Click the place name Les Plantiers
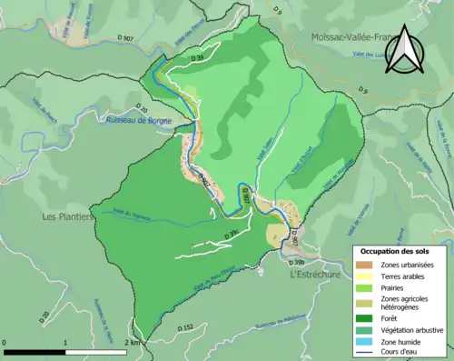tap(68, 216)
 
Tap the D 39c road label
tap(229, 234)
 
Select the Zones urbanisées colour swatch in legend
tap(366, 265)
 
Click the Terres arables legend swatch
tap(366, 277)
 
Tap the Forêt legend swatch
tap(366, 317)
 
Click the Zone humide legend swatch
tap(366, 342)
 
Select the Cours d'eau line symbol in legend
tap(366, 354)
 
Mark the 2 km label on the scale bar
tap(133, 343)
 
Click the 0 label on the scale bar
tap(5, 343)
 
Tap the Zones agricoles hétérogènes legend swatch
tap(366, 303)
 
